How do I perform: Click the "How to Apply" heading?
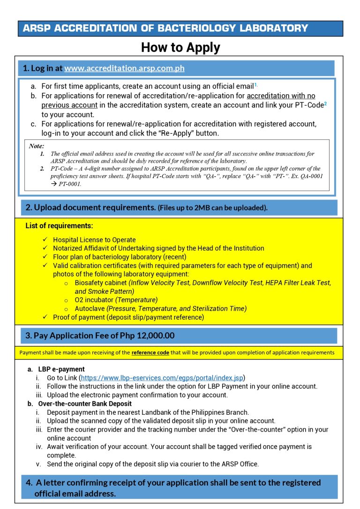point(180,47)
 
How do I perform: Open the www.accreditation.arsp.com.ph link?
point(124,68)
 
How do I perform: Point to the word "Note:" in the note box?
point(37,146)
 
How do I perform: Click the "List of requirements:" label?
point(59,226)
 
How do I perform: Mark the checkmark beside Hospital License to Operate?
point(45,240)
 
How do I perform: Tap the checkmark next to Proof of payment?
point(45,317)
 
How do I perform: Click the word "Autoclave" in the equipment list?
point(90,308)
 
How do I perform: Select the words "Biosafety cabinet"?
point(101,283)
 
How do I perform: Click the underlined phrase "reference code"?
point(150,352)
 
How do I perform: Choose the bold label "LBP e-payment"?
point(61,369)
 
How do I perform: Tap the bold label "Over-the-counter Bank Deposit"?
point(85,404)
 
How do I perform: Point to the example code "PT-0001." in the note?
point(70,184)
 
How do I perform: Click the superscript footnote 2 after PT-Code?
point(325,103)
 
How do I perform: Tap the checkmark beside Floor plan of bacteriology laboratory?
point(45,257)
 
